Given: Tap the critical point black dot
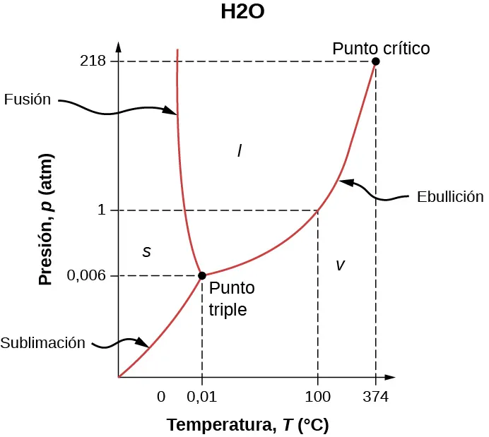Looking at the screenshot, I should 375,61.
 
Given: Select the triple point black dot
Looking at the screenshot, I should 202,275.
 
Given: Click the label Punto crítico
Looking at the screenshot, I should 381,48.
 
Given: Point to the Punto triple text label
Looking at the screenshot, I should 231,299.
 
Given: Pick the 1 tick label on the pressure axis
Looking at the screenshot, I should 102,210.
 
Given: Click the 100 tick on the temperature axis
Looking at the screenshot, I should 317,397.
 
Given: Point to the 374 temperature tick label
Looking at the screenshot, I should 375,397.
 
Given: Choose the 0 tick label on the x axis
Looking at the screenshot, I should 161,397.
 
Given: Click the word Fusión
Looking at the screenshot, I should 28,100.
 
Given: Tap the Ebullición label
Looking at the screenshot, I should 450,197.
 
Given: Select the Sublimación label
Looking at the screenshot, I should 43,344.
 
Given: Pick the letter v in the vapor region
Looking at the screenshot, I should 340,265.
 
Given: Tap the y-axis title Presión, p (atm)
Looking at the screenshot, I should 46,220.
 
